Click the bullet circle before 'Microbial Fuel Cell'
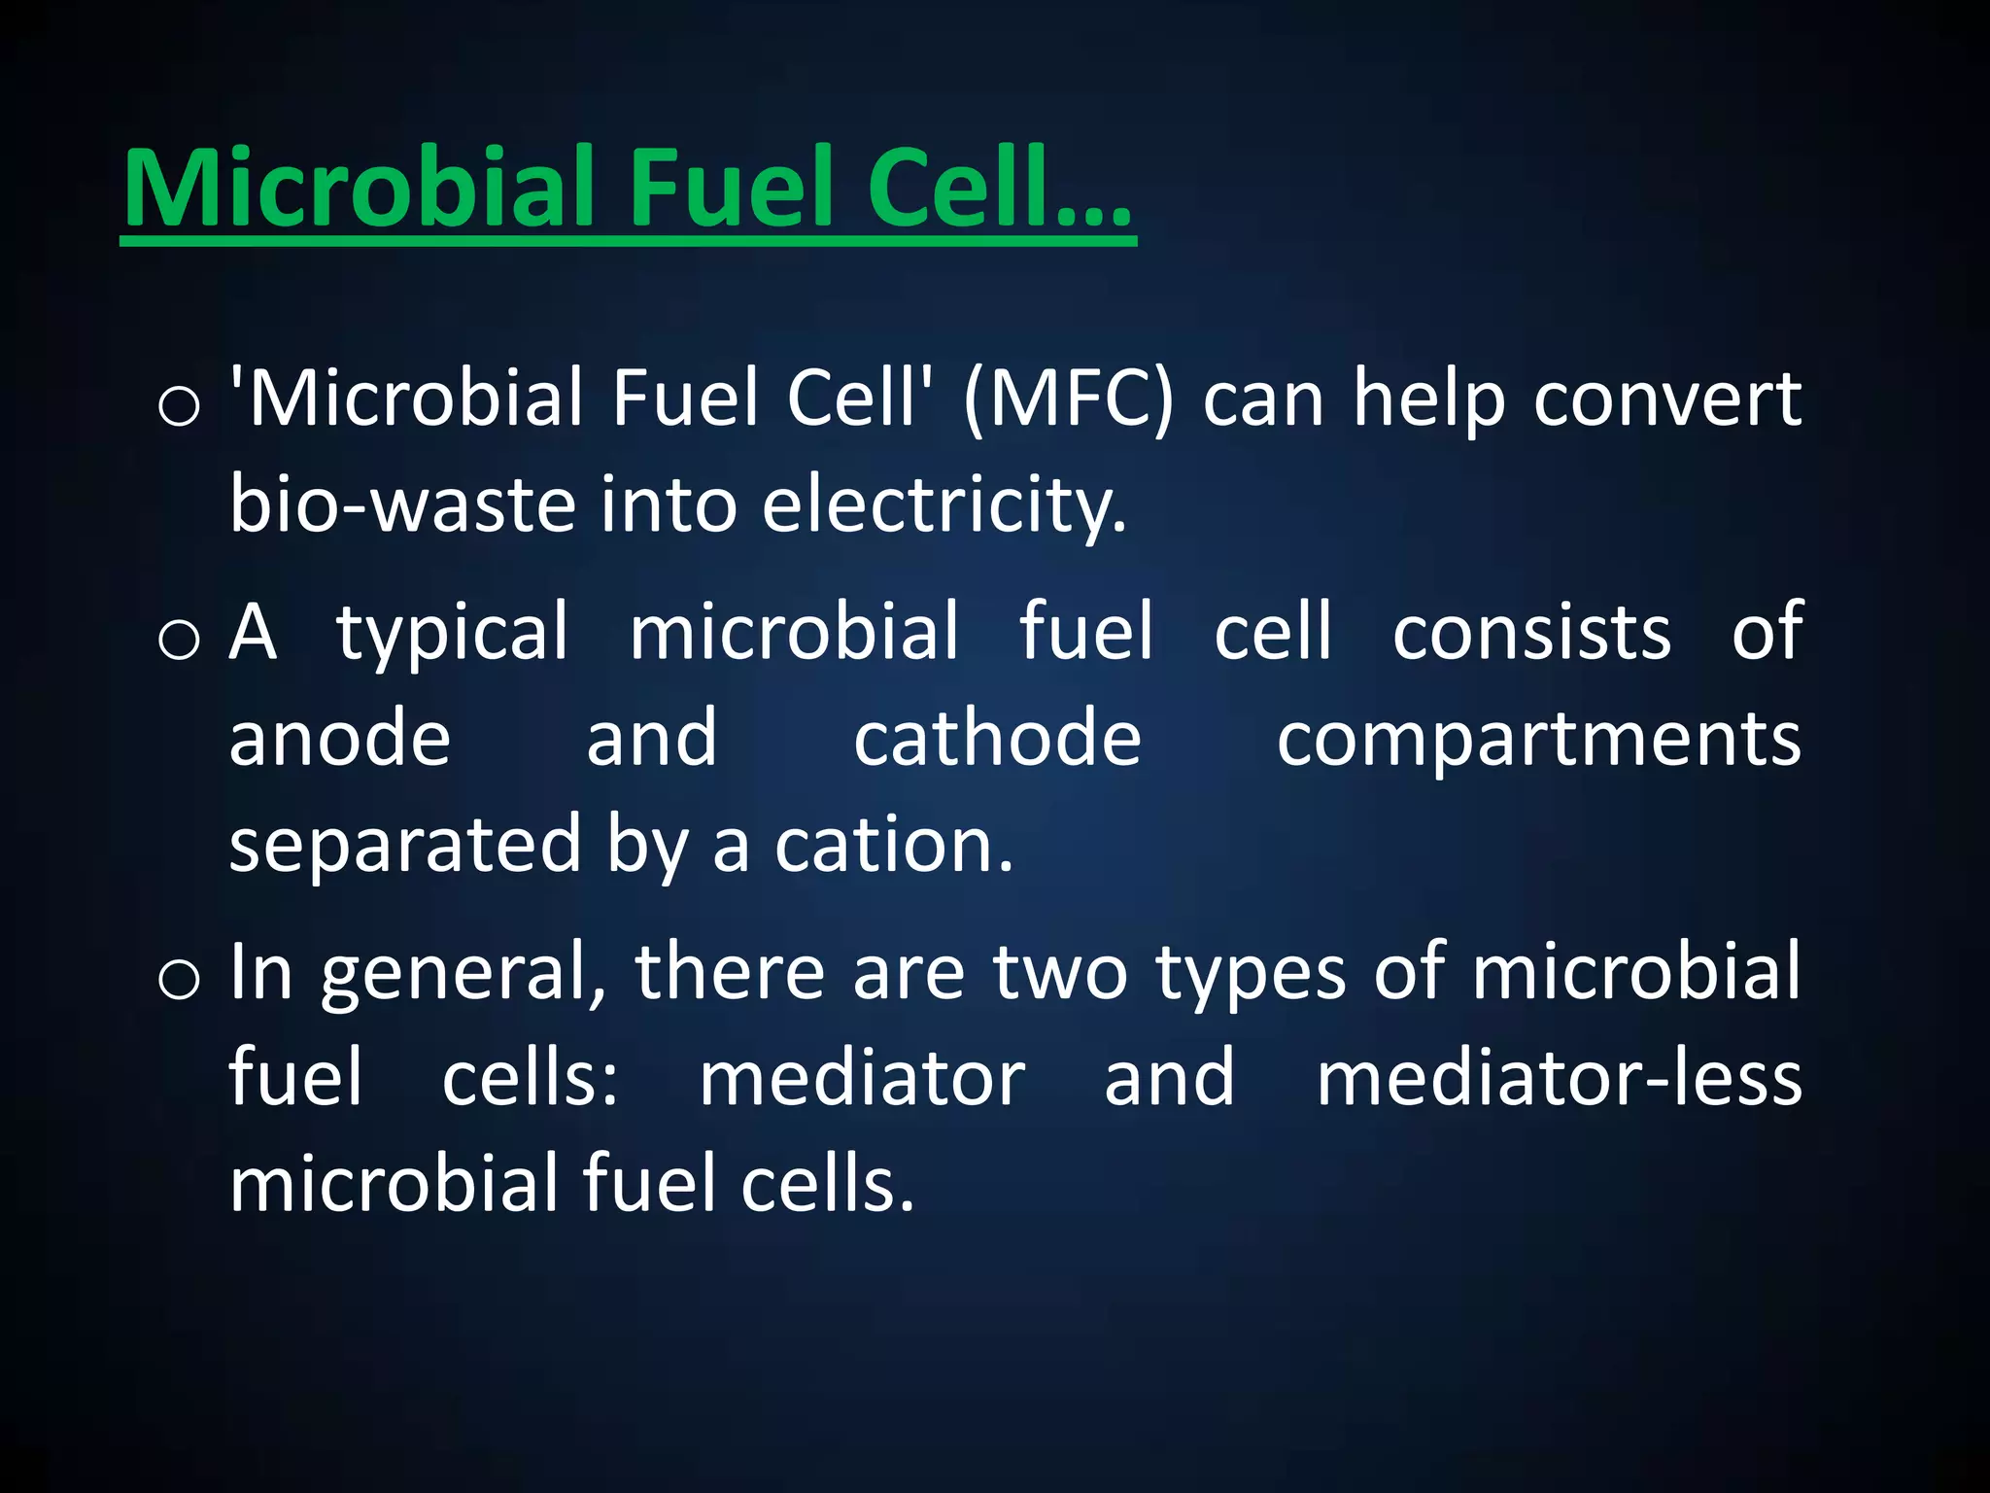[179, 406]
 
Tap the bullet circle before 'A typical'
[179, 641]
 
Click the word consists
[1531, 632]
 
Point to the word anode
[340, 738]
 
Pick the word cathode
[997, 738]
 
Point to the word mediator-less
[1559, 1078]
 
